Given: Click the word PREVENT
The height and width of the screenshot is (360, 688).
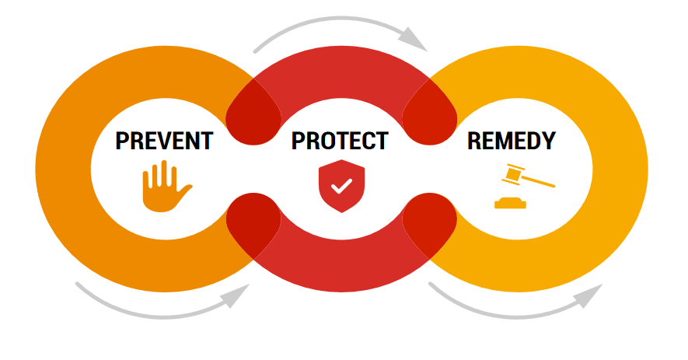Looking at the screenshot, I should pos(164,142).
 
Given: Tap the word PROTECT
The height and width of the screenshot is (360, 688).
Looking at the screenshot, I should pos(340,142).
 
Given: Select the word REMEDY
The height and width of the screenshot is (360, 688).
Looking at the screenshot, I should pos(512,142).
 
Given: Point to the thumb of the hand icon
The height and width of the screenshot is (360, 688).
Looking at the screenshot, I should pos(184,191).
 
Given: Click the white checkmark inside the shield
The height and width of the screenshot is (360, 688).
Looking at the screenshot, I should pos(341,187).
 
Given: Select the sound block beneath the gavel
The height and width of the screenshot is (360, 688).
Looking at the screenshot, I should pos(510,204).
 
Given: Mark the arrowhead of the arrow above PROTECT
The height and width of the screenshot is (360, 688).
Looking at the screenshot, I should pos(415,39).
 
